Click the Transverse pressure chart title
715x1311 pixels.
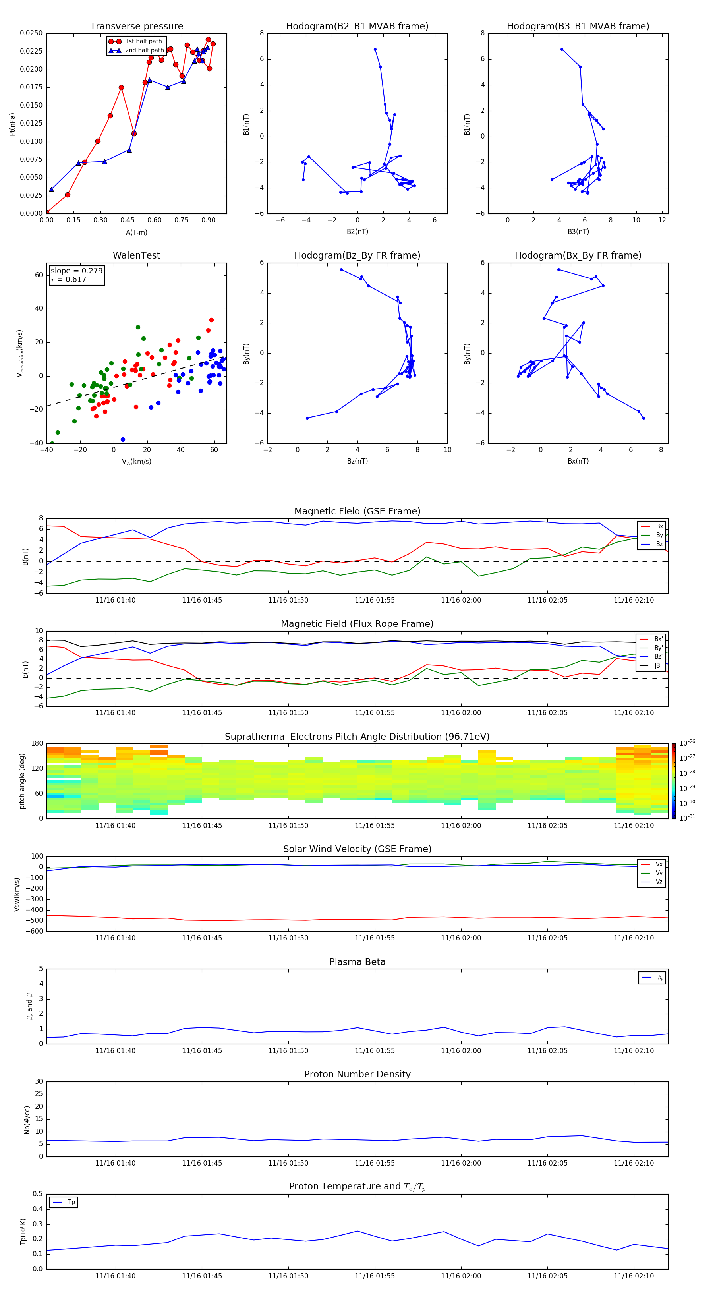coord(136,27)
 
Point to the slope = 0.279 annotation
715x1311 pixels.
coord(76,271)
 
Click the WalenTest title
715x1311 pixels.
coord(136,255)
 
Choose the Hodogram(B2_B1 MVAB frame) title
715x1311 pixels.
coord(357,27)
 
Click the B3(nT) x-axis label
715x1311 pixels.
coord(578,232)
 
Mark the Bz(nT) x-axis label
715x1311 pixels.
coord(357,461)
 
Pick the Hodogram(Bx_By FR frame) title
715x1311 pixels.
coord(578,255)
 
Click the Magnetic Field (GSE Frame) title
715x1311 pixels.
coord(357,511)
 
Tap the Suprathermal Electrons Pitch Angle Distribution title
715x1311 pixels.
coord(357,737)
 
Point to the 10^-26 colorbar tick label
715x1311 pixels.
coord(687,743)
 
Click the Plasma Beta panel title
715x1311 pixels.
coord(357,962)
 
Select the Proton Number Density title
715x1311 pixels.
coord(357,1074)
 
